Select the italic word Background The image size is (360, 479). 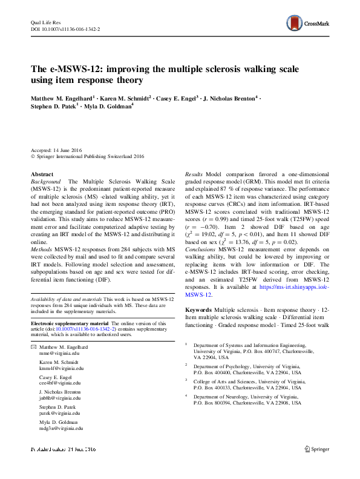[x=45, y=182]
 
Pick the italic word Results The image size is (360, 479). [x=194, y=174]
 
